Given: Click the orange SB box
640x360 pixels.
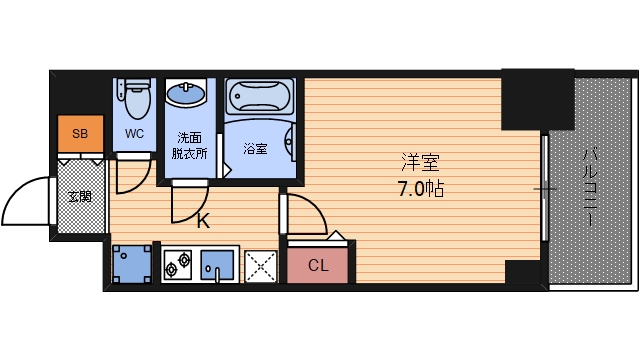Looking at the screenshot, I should tap(79, 134).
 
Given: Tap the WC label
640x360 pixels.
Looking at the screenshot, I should tap(135, 133).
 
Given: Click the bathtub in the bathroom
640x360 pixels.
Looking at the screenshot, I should tap(259, 98).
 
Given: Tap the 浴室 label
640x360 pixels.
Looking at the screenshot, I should tap(256, 149).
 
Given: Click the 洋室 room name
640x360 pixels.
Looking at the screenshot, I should tap(420, 162).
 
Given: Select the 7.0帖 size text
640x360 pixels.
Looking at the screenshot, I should tap(420, 187).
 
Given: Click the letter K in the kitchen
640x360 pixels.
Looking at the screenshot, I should tap(202, 222).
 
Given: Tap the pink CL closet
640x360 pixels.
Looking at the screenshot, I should tap(317, 265).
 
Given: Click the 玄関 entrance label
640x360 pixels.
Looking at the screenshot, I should tap(79, 196).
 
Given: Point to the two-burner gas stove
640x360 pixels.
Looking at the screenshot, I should tap(179, 266).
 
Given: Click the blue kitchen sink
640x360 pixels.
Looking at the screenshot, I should tap(215, 266).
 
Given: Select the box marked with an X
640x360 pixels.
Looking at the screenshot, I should tap(260, 266).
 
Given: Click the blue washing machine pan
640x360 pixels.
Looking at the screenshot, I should tap(129, 265).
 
